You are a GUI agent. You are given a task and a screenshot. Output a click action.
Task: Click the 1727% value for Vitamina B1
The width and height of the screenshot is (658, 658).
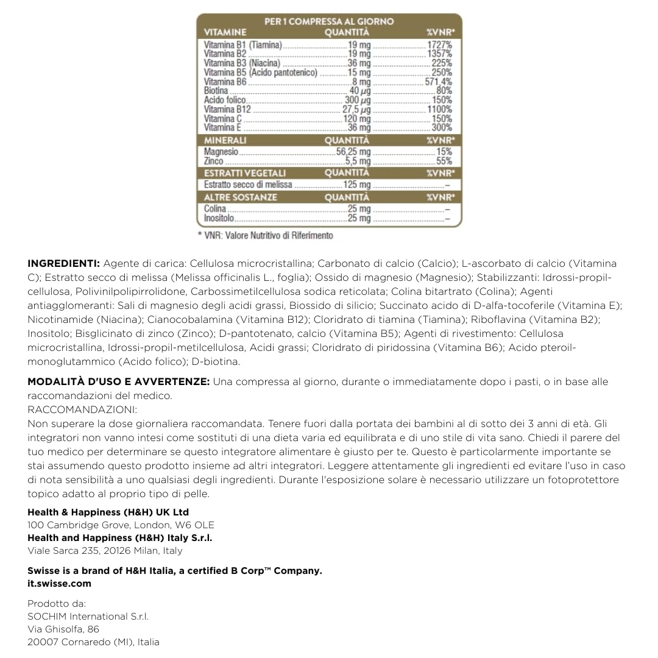click(x=440, y=45)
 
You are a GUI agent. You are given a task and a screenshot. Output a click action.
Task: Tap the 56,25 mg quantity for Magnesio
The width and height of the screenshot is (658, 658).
click(x=353, y=152)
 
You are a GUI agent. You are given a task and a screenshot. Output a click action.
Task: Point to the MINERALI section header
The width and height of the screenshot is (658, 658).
click(x=225, y=140)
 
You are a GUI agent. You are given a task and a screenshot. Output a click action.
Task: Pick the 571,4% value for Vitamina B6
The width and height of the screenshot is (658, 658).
click(x=439, y=82)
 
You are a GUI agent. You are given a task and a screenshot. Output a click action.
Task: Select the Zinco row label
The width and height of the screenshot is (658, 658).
click(x=214, y=161)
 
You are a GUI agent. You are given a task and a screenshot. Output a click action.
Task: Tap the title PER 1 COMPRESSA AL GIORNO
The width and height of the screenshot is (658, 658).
click(x=329, y=21)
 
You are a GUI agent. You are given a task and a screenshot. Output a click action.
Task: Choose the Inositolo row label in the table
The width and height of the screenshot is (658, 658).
click(x=219, y=218)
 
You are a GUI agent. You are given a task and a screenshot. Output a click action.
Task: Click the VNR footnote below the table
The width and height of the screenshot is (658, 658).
click(x=266, y=235)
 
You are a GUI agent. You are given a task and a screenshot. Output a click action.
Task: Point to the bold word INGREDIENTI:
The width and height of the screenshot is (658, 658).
click(x=64, y=263)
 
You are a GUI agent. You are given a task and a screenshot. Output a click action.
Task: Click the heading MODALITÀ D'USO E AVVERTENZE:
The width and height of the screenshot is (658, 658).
click(x=119, y=381)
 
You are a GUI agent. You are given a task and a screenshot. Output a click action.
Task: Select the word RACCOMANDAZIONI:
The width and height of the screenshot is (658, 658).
click(x=82, y=409)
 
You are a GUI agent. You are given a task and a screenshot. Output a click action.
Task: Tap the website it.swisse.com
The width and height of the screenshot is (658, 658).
click(x=59, y=583)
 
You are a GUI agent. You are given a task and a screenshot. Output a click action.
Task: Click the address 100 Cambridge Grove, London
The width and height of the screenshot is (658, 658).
click(x=121, y=525)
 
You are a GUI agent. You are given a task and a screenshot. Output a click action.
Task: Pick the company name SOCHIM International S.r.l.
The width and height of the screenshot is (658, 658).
click(x=88, y=616)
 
